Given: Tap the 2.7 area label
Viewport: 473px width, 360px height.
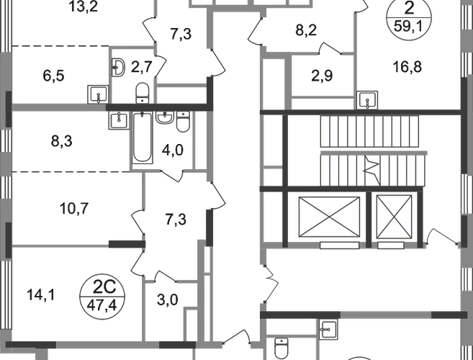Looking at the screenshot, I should click(x=145, y=69).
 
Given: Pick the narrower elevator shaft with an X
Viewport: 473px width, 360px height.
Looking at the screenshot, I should click(x=395, y=217).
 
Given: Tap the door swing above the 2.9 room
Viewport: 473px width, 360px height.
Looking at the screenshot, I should click(x=330, y=48).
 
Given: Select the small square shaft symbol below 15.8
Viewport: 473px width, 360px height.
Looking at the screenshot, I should click(x=367, y=98).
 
